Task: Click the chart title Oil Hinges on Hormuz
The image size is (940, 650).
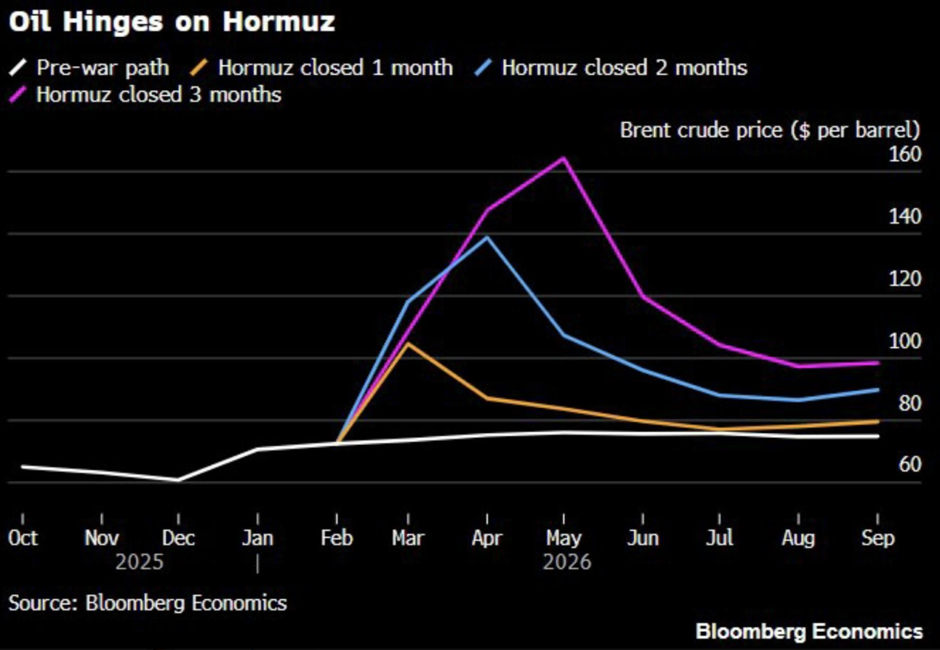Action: click(x=172, y=22)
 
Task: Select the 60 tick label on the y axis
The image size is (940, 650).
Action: click(x=909, y=465)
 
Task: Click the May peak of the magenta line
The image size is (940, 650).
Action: click(x=564, y=158)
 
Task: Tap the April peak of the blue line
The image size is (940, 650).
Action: click(x=486, y=237)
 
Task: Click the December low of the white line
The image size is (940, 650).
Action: click(x=178, y=479)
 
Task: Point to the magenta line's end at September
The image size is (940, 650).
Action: click(x=877, y=362)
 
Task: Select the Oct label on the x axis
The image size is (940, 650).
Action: click(x=23, y=539)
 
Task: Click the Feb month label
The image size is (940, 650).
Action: click(x=336, y=539)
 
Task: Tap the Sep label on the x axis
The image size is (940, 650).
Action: click(x=877, y=539)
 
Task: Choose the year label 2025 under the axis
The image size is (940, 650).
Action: click(x=140, y=563)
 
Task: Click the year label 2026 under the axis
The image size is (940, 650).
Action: click(x=567, y=563)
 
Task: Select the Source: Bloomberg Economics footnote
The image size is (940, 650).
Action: click(x=148, y=602)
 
